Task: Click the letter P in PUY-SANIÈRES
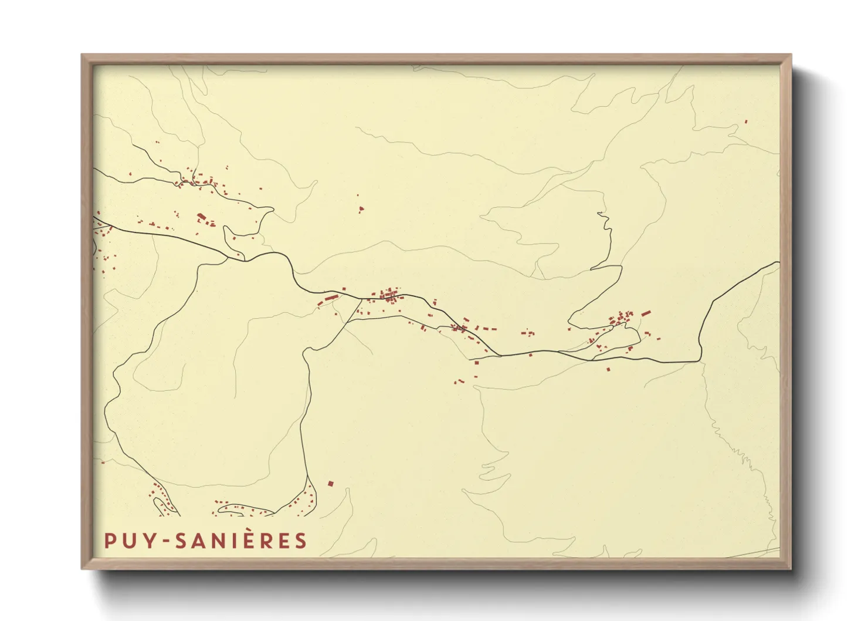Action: click(x=109, y=541)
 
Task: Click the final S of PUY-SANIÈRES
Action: click(x=301, y=541)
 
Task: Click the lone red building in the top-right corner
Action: click(x=746, y=122)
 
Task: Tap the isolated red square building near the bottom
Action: click(x=330, y=484)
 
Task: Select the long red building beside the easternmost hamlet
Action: click(x=646, y=313)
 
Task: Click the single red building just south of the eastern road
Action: click(x=608, y=369)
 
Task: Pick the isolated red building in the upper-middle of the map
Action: click(x=361, y=208)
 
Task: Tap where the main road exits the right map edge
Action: click(x=778, y=262)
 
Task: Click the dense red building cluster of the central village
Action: click(x=389, y=295)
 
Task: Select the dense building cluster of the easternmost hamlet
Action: click(x=621, y=320)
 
